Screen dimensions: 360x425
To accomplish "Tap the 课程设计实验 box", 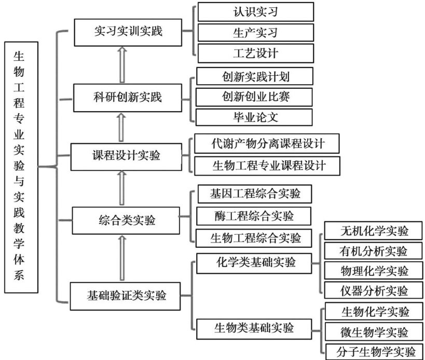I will pyautogui.click(x=126, y=155).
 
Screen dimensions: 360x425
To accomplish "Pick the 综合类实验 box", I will pyautogui.click(x=126, y=220).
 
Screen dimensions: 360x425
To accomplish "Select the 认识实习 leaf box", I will pyautogui.click(x=255, y=11).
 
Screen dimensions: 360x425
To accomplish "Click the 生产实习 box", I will pyautogui.click(x=255, y=32).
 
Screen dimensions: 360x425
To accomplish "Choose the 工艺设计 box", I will pyautogui.click(x=255, y=53).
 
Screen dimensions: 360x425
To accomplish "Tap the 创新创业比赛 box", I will pyautogui.click(x=254, y=97).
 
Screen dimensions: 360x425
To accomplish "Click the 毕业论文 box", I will pyautogui.click(x=254, y=117).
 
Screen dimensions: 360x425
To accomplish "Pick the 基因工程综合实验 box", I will pyautogui.click(x=254, y=194).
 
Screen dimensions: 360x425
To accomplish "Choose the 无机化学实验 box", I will pyautogui.click(x=374, y=231).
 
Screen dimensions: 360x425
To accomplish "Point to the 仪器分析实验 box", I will pyautogui.click(x=374, y=290).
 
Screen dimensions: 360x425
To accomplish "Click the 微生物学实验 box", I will pyautogui.click(x=374, y=331).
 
